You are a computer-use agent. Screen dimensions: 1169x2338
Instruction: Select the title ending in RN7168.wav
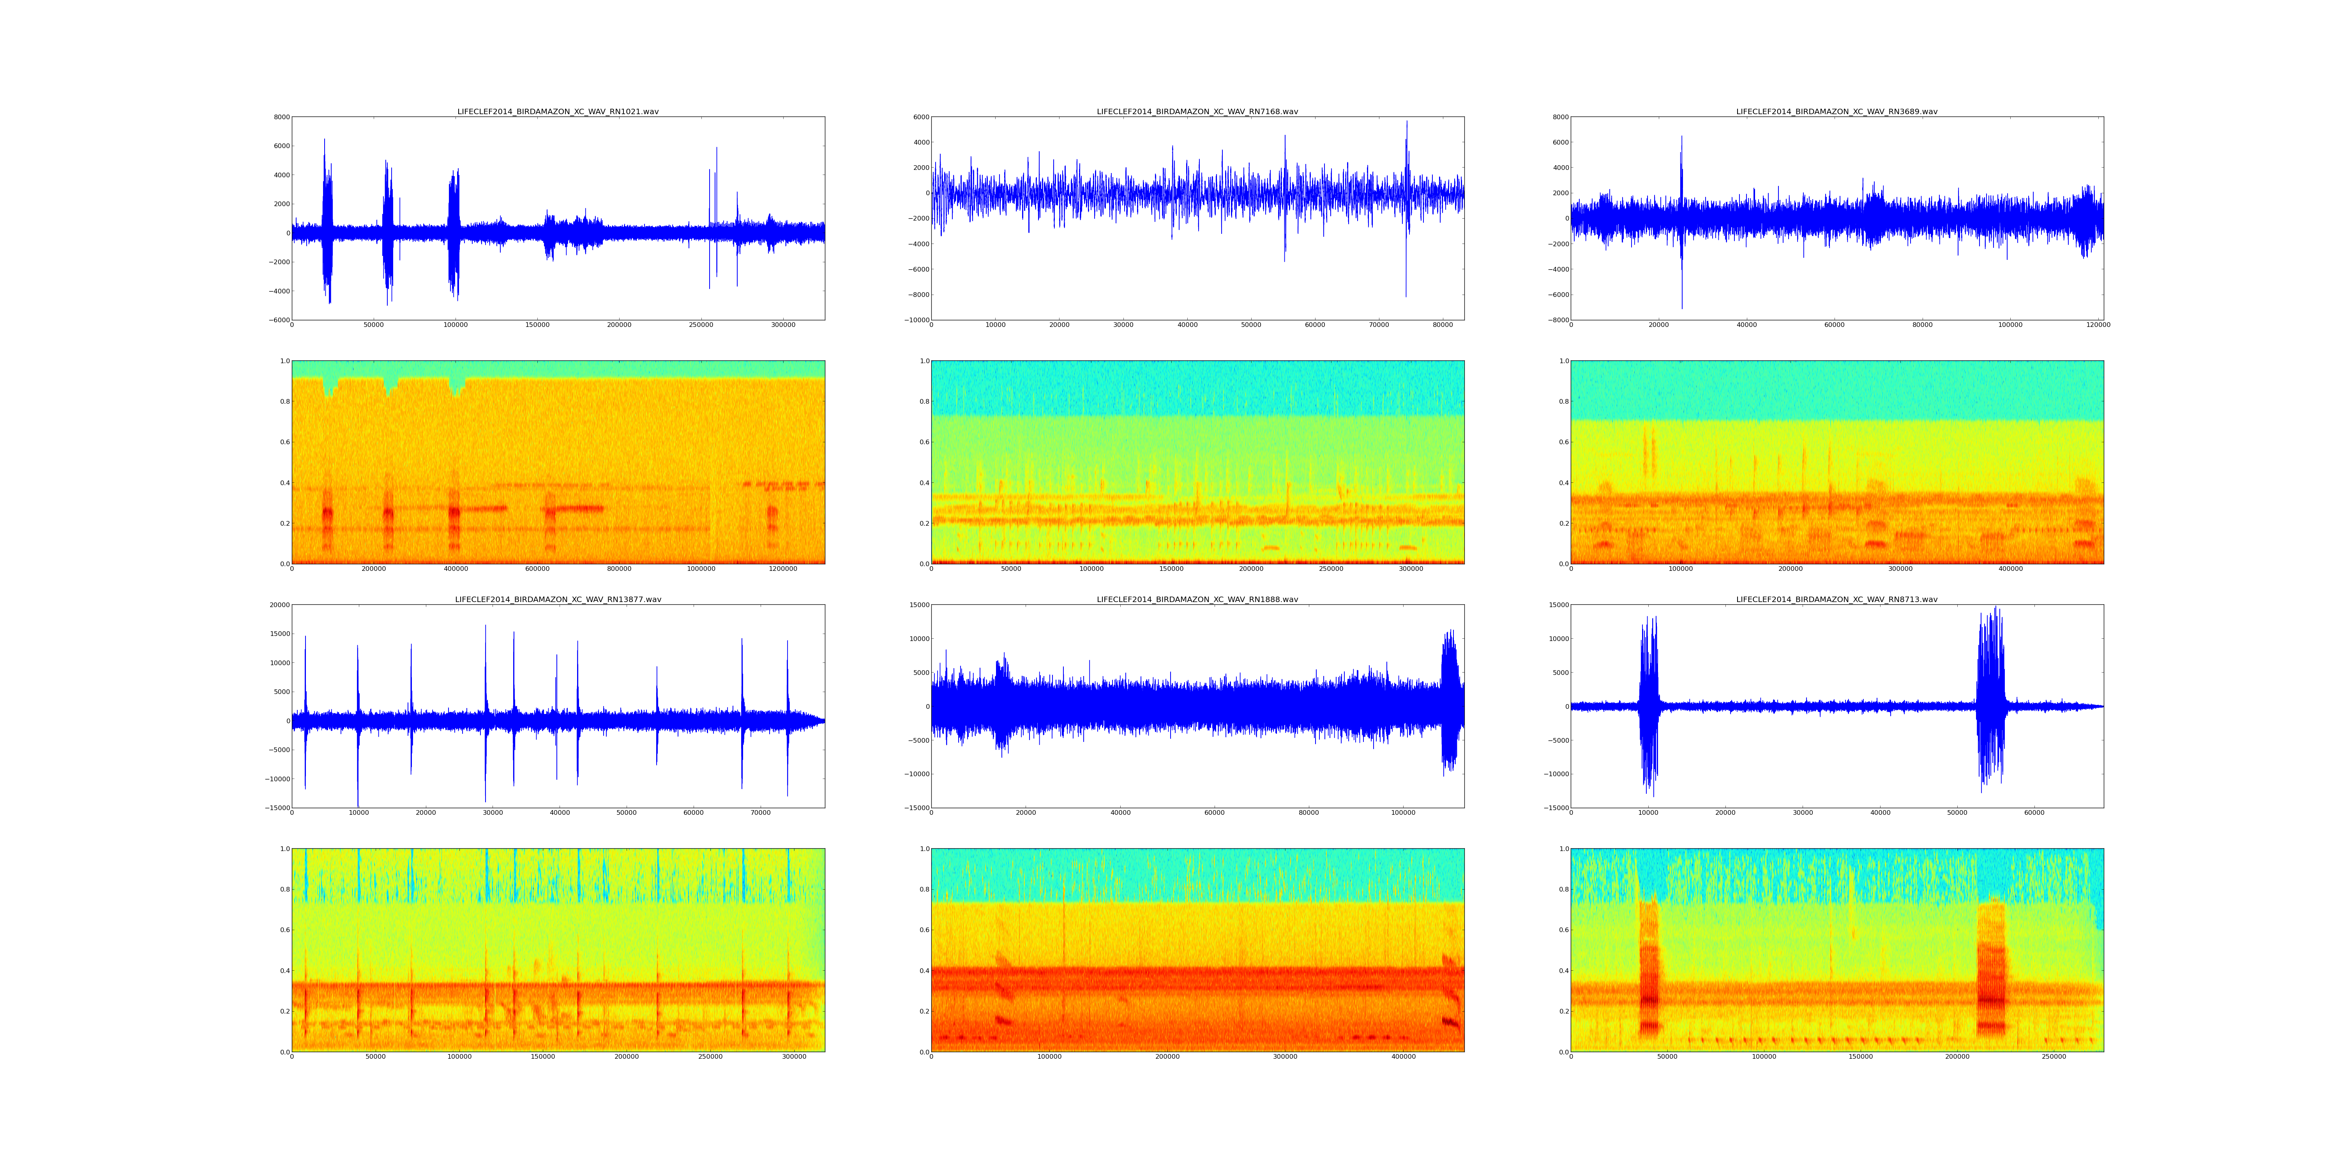(1197, 111)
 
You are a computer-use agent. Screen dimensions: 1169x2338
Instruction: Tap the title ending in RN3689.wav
(1836, 111)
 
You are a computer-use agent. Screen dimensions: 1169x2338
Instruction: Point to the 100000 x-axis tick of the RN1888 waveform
(1403, 812)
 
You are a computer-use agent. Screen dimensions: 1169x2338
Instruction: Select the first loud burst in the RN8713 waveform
(1648, 706)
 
